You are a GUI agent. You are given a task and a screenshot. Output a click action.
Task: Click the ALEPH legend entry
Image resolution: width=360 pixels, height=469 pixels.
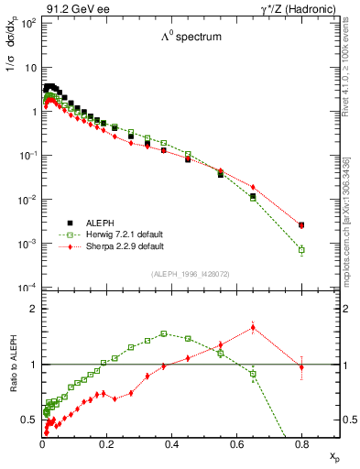click(x=99, y=222)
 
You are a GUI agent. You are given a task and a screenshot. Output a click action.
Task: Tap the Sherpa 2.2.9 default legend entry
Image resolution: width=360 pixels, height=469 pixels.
click(x=117, y=246)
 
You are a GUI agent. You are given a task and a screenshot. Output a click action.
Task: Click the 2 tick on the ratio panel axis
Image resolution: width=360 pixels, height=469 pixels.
click(x=33, y=309)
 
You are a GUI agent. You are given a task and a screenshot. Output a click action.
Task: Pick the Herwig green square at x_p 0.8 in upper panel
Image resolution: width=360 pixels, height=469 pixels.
click(x=301, y=249)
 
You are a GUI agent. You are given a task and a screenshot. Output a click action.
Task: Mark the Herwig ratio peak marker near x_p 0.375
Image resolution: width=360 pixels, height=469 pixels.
click(x=163, y=333)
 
